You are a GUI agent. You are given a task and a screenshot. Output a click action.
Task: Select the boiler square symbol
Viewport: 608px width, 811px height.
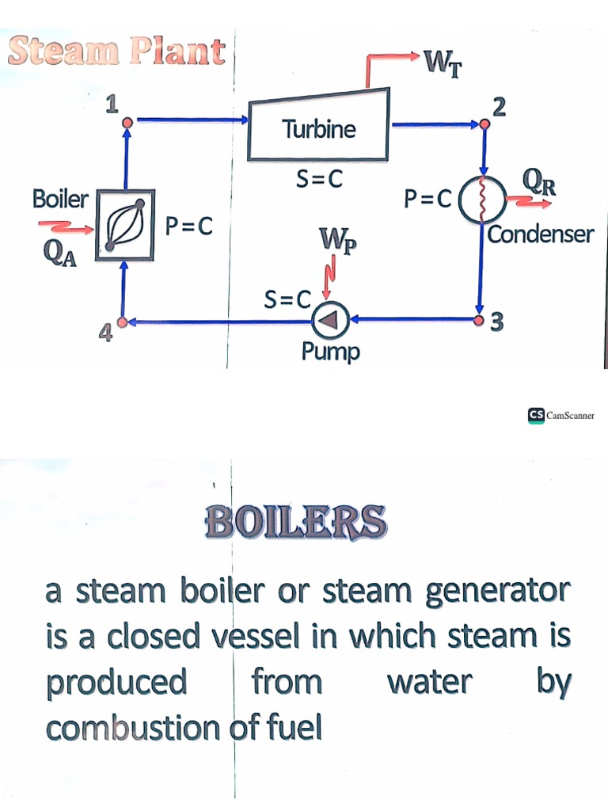(x=125, y=225)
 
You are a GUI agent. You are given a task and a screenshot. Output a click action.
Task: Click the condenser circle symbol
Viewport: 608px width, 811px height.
(x=481, y=198)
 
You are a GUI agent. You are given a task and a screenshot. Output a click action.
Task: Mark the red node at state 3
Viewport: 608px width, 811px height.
(x=480, y=321)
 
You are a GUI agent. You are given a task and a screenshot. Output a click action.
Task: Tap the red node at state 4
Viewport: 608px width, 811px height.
(x=123, y=322)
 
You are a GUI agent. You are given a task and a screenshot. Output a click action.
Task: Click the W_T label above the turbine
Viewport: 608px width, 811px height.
(x=443, y=62)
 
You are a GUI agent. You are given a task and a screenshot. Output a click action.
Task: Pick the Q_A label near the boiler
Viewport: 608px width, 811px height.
(x=60, y=253)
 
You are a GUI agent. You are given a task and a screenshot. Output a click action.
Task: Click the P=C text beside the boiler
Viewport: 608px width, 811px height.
(x=189, y=226)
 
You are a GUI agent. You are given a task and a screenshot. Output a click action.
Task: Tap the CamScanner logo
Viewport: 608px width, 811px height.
(x=561, y=414)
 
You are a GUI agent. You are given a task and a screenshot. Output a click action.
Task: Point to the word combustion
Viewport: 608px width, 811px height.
(x=131, y=728)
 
